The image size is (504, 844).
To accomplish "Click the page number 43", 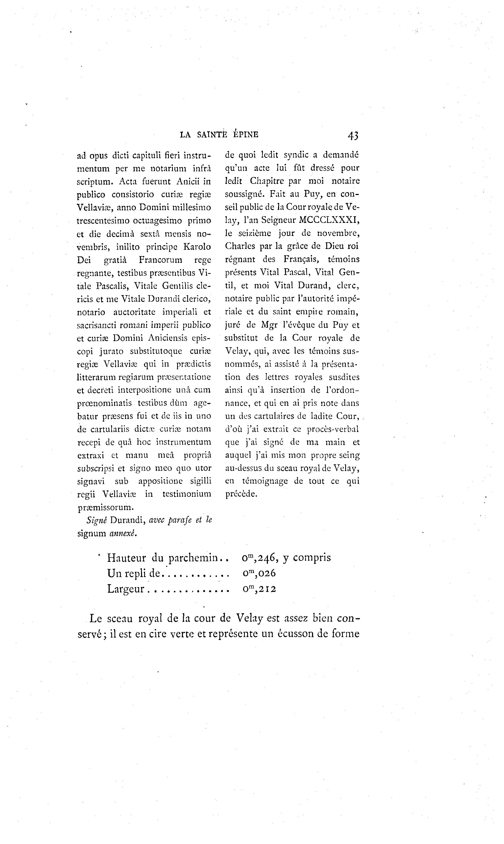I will pyautogui.click(x=353, y=135).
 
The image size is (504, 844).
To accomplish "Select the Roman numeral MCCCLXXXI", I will pyautogui.click(x=329, y=220).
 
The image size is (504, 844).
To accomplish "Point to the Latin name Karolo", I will pyautogui.click(x=197, y=247).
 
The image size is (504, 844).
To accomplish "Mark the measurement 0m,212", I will pyautogui.click(x=259, y=589).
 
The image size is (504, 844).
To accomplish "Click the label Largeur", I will pyautogui.click(x=126, y=589).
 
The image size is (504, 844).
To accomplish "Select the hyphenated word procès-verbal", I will pyautogui.click(x=333, y=429).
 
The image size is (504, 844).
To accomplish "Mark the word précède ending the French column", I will pyautogui.click(x=241, y=494).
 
